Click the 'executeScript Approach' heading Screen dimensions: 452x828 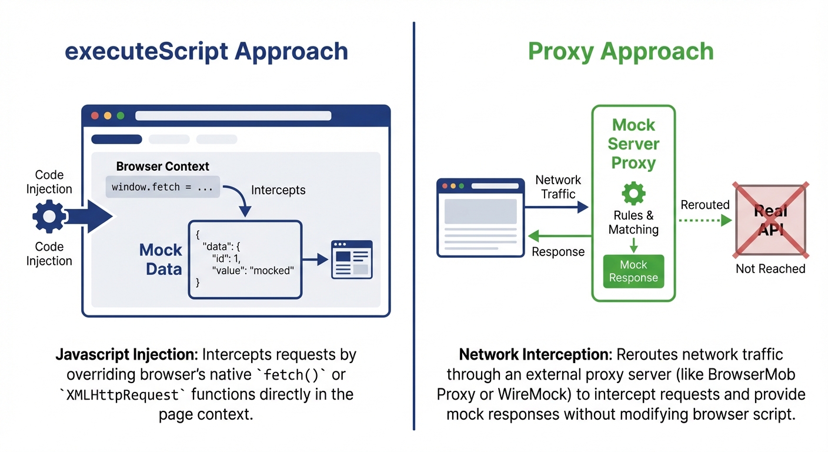pos(206,52)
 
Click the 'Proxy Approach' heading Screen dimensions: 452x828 pos(620,52)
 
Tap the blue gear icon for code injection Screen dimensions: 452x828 pos(49,217)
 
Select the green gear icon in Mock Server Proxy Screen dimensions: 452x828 pos(633,194)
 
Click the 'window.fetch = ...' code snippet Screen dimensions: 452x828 pos(162,187)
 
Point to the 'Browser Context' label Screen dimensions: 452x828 pos(162,167)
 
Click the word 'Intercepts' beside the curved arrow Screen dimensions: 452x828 pos(278,190)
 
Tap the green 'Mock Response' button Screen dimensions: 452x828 pos(633,271)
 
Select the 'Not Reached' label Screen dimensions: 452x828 pos(770,269)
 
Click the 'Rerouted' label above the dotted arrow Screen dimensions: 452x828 pos(705,205)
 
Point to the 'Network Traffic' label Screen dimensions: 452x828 pos(557,187)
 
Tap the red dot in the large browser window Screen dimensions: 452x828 pos(95,116)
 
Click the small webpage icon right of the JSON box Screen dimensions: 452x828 pos(352,259)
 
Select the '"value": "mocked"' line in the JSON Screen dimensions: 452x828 pos(252,270)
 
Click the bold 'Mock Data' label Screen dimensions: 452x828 pos(161,259)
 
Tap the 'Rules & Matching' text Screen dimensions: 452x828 pos(633,222)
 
